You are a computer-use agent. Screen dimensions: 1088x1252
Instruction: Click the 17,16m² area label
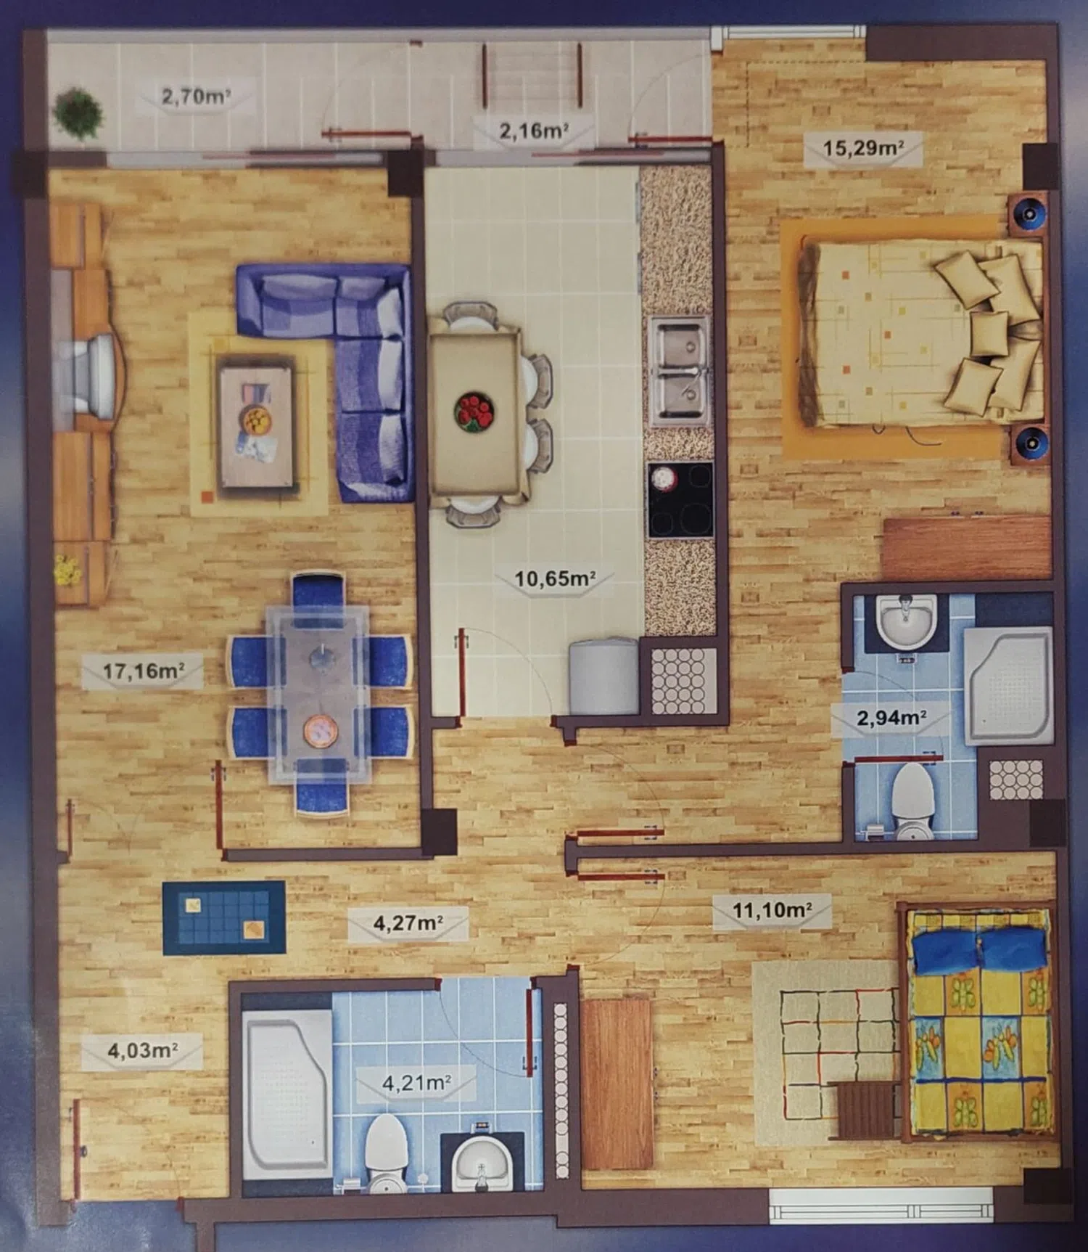143,670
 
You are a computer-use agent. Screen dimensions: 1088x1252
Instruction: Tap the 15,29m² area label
863,148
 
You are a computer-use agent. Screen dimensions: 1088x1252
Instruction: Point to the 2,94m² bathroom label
891,718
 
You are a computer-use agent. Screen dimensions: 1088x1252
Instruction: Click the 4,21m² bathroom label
416,1083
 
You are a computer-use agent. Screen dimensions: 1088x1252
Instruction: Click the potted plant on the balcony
78,113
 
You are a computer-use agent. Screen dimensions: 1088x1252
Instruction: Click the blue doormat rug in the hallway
224,917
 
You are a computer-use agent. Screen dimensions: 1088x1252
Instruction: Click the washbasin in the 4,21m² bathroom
481,1160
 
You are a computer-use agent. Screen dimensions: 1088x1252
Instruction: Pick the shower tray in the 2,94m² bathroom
1008,684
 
